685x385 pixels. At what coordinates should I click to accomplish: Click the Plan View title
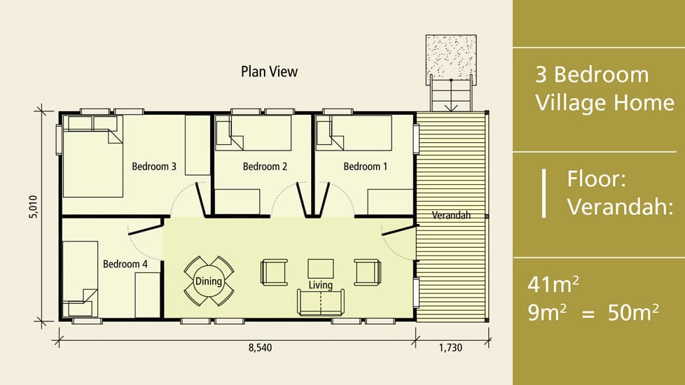(x=269, y=71)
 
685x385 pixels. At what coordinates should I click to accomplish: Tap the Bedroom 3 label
(x=154, y=167)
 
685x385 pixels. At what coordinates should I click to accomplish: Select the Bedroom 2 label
(x=265, y=167)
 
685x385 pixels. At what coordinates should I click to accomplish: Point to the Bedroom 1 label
(x=365, y=167)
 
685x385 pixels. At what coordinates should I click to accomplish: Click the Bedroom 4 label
(x=125, y=264)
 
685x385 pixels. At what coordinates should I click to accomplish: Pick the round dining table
(x=209, y=281)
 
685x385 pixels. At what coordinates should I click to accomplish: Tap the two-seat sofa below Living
(x=321, y=302)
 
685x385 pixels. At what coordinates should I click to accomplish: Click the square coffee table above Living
(x=321, y=269)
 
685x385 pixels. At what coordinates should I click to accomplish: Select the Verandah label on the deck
(x=451, y=215)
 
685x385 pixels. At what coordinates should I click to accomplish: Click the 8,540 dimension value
(x=261, y=347)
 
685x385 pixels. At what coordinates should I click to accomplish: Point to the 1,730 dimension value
(x=450, y=347)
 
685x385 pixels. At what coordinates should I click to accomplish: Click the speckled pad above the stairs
(x=451, y=57)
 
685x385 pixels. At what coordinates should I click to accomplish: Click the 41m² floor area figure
(x=553, y=284)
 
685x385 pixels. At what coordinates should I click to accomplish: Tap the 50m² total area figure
(x=633, y=312)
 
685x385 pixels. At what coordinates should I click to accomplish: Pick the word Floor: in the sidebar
(x=596, y=178)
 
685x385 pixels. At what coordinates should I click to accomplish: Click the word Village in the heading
(x=572, y=103)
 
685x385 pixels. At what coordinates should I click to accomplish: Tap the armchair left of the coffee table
(x=275, y=272)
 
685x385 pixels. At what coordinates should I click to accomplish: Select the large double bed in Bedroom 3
(x=92, y=157)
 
